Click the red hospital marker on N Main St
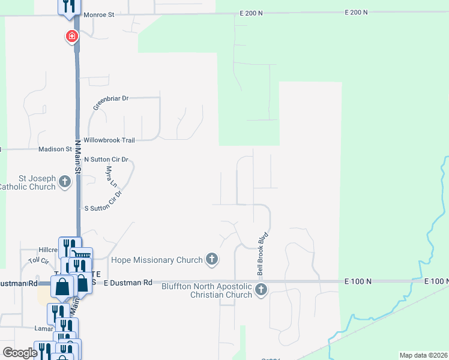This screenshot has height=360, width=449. click(x=71, y=37)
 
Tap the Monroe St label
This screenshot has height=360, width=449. click(x=98, y=14)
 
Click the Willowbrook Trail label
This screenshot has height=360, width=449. click(x=109, y=140)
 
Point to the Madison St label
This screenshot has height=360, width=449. click(x=55, y=149)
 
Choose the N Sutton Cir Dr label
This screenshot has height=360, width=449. click(x=107, y=160)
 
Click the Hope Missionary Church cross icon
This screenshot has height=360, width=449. click(x=211, y=259)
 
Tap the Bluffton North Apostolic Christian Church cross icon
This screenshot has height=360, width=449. click(x=261, y=290)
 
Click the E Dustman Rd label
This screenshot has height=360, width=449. click(x=128, y=282)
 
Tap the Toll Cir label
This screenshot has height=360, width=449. click(x=38, y=262)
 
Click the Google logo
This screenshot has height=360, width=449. click(x=20, y=353)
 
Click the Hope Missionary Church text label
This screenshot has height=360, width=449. click(x=156, y=260)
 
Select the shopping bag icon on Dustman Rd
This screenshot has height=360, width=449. click(x=63, y=287)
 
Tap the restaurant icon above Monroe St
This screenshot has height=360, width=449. click(x=68, y=6)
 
